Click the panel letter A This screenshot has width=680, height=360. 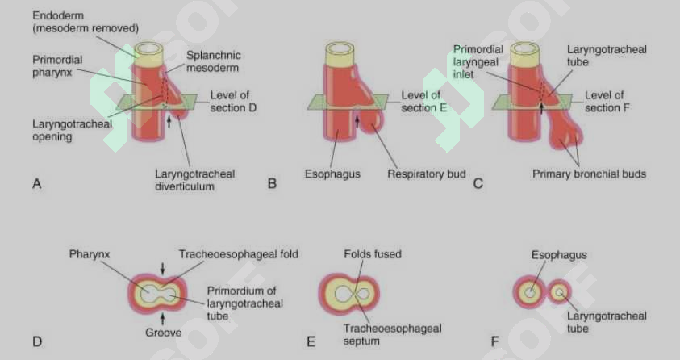point(37,184)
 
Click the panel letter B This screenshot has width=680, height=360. point(272,184)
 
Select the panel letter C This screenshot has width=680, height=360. point(478,184)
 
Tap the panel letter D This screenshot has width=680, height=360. point(37,341)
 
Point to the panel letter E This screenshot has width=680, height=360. point(311,341)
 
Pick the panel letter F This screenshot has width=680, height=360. point(494,341)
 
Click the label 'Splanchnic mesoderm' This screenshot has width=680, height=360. point(213,61)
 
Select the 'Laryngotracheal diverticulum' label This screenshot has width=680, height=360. point(194,180)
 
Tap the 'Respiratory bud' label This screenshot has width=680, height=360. point(426,174)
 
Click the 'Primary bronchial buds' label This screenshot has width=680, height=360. point(590,174)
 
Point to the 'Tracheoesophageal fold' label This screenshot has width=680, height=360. point(239,254)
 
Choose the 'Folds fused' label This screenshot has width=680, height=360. point(373,254)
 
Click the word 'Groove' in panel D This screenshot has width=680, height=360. point(164,333)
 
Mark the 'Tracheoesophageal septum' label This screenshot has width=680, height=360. point(392,334)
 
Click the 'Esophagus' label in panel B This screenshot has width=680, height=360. point(332,174)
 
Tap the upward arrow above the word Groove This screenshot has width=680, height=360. point(163,319)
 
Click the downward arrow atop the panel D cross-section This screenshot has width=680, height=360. point(163,269)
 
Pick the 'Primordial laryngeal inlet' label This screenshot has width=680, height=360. point(478,61)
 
